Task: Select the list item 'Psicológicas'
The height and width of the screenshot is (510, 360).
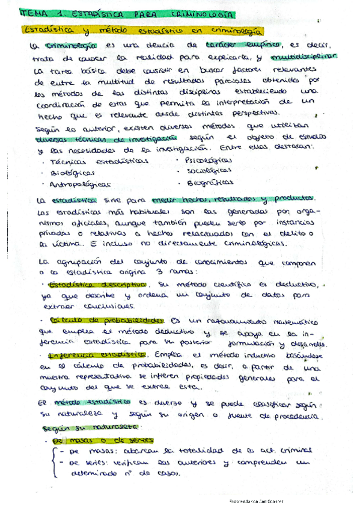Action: pyautogui.click(x=207, y=160)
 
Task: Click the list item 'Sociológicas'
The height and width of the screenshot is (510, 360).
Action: pyautogui.click(x=208, y=171)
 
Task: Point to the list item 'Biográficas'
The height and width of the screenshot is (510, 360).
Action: pyautogui.click(x=210, y=182)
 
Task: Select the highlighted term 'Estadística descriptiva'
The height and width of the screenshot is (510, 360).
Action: pyautogui.click(x=97, y=285)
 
